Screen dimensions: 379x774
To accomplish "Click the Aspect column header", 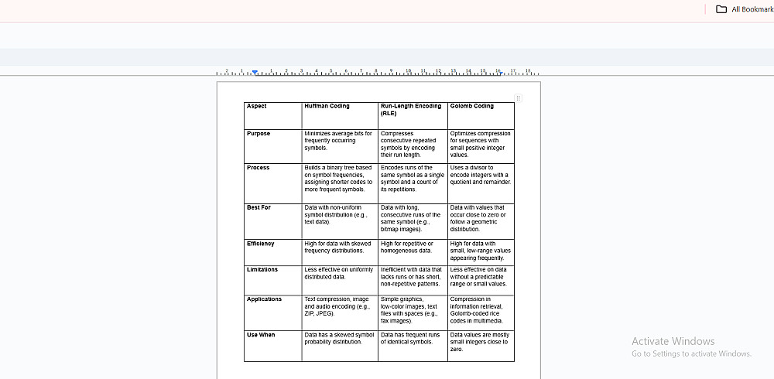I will point(257,106).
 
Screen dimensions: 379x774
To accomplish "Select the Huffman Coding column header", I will point(327,106).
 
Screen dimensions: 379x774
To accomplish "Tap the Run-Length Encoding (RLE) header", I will point(411,109).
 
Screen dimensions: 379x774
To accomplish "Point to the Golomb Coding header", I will point(471,106).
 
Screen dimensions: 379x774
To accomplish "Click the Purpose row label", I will point(259,134).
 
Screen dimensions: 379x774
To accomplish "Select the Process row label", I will point(259,168).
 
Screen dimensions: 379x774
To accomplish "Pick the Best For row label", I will point(259,208).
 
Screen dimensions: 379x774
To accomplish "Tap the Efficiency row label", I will point(261,244).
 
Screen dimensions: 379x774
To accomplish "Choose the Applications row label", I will point(265,299).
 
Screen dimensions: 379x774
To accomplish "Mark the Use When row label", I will point(261,335).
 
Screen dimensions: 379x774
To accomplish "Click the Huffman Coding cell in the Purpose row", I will point(338,141).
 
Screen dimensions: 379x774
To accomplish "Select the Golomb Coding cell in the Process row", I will point(481,175).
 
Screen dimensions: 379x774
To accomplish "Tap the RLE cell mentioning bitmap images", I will point(411,218).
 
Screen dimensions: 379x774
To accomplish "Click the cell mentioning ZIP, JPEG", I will point(338,306).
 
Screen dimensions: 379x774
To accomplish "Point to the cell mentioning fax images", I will point(411,310).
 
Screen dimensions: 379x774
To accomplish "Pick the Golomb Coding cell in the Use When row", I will point(479,342).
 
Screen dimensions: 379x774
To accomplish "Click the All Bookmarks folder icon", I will point(721,9).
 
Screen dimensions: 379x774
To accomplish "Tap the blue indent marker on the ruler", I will point(255,72).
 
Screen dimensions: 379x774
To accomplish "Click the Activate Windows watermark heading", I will point(673,341).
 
